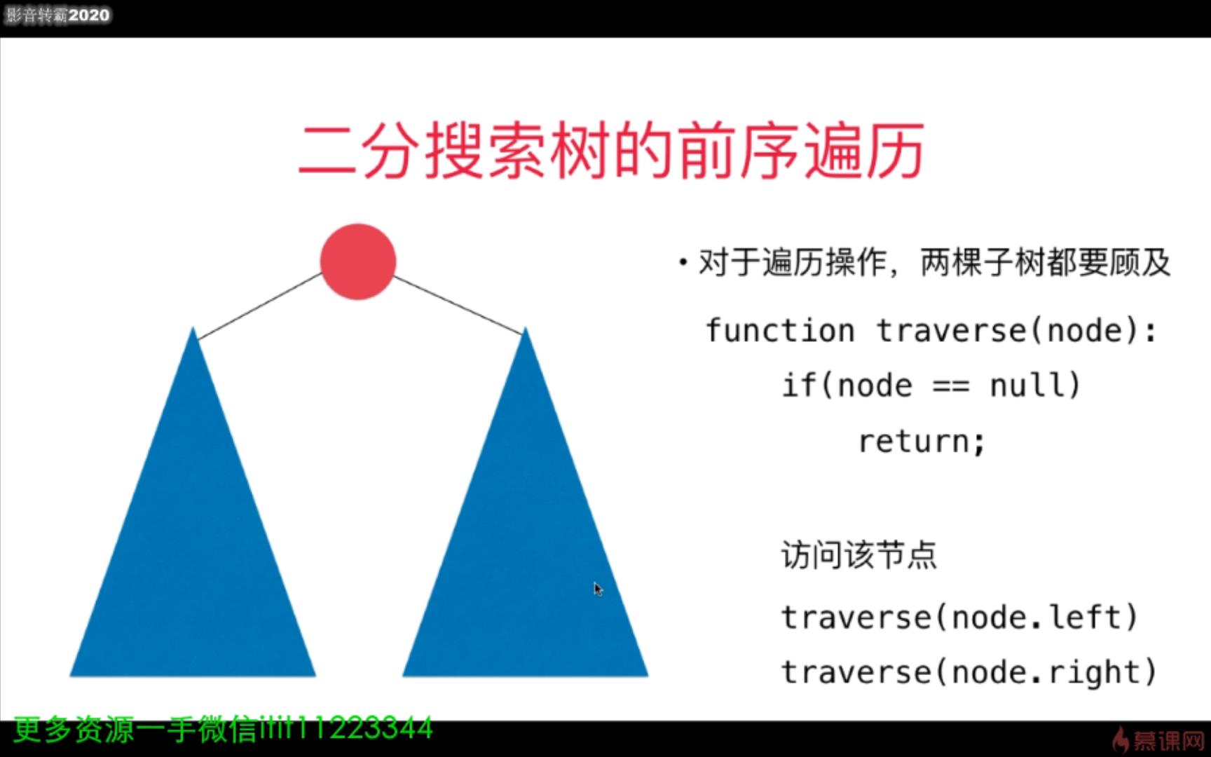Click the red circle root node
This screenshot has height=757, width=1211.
(x=358, y=261)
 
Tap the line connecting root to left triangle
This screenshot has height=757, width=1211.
(x=260, y=306)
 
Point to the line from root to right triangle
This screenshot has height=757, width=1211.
(x=458, y=304)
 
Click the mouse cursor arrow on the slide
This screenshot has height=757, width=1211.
(x=597, y=588)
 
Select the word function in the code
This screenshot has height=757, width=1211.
(x=779, y=331)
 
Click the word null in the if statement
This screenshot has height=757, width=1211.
(x=1034, y=386)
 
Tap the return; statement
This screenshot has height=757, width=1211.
(x=922, y=442)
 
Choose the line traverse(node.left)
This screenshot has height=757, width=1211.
(x=959, y=618)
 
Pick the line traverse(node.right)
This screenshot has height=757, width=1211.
(x=968, y=672)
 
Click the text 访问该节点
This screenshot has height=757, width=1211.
(x=858, y=554)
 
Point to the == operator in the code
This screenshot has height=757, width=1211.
(x=951, y=386)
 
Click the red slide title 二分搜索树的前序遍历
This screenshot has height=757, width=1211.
(x=611, y=151)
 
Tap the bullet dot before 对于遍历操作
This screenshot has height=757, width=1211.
(x=683, y=264)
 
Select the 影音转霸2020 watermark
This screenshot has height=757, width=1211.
(x=57, y=15)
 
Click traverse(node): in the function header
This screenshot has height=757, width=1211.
(x=1016, y=331)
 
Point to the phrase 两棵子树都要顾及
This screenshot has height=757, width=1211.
(x=1044, y=264)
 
